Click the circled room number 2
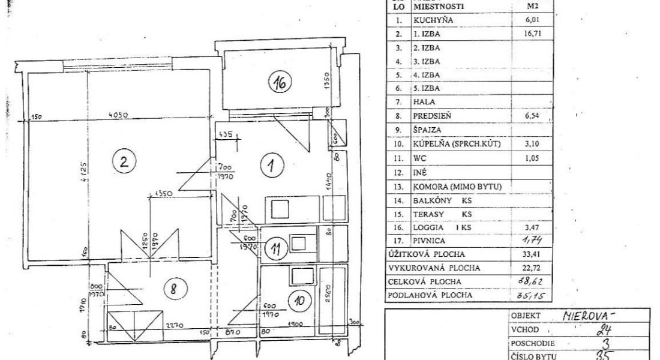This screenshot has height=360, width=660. [123, 161]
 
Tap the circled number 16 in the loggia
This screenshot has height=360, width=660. [280, 84]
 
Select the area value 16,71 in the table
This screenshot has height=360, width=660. [524, 34]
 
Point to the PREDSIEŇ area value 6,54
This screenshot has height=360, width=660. [524, 115]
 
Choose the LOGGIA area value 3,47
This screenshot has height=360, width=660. [524, 228]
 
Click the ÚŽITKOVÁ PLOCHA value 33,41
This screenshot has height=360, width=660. [524, 254]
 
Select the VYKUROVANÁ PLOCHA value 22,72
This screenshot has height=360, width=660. [524, 268]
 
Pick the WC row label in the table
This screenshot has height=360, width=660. [419, 160]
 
